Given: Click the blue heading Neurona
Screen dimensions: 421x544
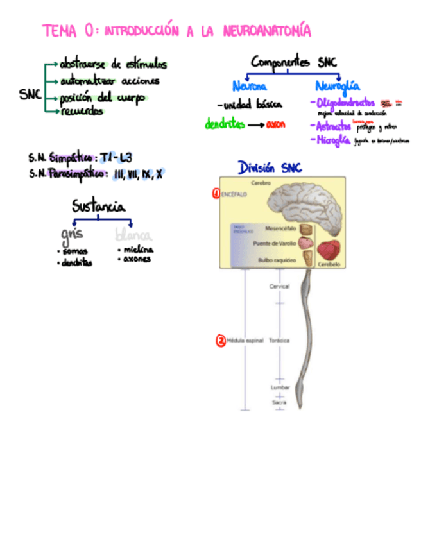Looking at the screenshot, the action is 250,85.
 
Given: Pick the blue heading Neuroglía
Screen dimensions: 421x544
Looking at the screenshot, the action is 337,85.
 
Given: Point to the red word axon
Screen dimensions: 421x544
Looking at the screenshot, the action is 276,124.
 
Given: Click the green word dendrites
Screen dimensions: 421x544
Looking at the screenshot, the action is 225,124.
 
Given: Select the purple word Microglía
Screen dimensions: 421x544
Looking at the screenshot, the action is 332,140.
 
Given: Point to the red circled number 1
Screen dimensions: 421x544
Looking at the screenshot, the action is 216,192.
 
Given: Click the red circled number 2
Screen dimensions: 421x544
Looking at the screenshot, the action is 221,341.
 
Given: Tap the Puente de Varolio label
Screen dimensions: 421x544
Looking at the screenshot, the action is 275,244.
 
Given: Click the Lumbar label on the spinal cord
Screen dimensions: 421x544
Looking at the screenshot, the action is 279,387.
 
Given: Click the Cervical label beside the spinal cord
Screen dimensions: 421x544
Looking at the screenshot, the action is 279,286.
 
